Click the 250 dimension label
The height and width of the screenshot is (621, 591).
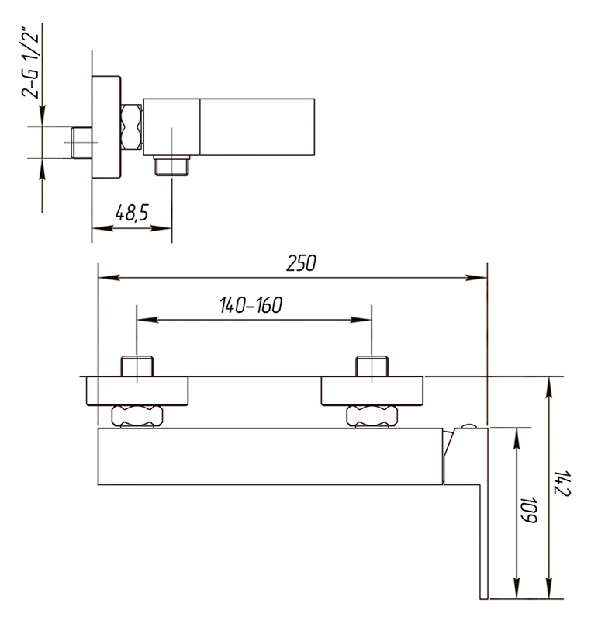(x=301, y=263)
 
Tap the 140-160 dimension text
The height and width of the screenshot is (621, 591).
(x=251, y=305)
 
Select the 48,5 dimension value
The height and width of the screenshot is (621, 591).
(x=132, y=213)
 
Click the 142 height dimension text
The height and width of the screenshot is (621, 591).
(x=562, y=483)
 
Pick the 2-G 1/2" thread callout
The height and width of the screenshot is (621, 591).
(x=30, y=63)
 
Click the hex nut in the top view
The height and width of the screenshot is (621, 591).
(x=131, y=127)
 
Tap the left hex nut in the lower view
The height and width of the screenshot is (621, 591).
(x=137, y=416)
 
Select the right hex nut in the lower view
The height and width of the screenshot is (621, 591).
(x=372, y=416)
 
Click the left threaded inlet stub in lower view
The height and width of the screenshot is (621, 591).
(x=137, y=366)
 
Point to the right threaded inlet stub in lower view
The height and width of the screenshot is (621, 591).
(x=372, y=366)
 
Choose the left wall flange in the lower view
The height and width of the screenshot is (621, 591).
(x=137, y=391)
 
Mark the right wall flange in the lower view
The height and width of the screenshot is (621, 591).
(x=372, y=391)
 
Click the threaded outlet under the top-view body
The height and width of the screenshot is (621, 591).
(x=171, y=165)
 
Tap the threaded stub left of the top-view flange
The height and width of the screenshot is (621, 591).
(x=81, y=143)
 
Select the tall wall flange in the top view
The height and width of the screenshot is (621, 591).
(x=106, y=127)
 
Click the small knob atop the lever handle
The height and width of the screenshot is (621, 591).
(x=469, y=426)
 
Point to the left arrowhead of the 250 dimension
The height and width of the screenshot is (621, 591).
(x=109, y=278)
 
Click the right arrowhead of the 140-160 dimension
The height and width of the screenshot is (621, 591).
(x=361, y=320)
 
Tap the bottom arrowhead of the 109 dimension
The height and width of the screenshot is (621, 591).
(x=517, y=588)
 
